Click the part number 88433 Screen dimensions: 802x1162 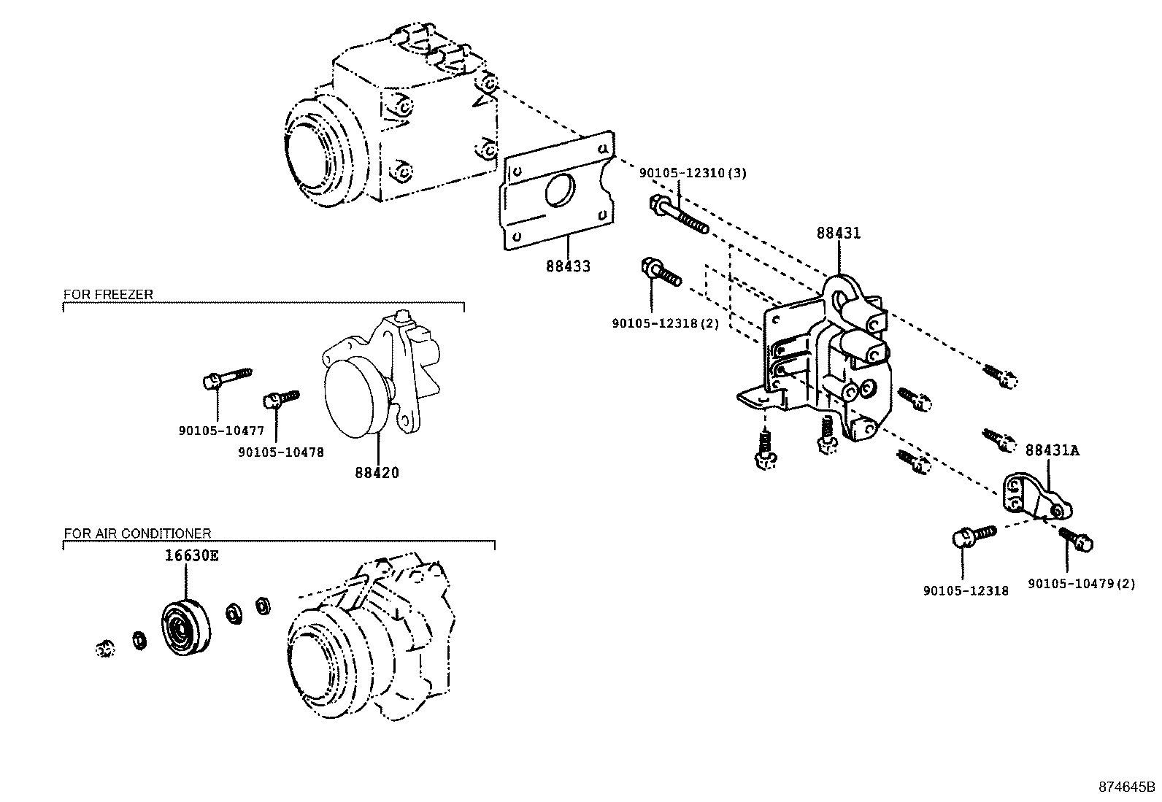click(x=568, y=266)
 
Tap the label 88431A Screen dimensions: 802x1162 click(x=1052, y=451)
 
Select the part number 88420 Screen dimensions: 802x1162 click(x=377, y=472)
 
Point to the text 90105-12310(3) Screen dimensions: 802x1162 click(x=693, y=173)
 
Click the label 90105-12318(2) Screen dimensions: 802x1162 click(x=665, y=323)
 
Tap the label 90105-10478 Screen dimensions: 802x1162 click(x=280, y=452)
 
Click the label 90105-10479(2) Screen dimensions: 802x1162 click(x=1081, y=584)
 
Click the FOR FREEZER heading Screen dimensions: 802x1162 click(x=108, y=294)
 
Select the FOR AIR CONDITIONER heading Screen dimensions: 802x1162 click(x=137, y=533)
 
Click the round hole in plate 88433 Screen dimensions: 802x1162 click(x=561, y=189)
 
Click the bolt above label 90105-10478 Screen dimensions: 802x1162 click(x=280, y=398)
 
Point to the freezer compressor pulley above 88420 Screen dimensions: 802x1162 click(x=356, y=400)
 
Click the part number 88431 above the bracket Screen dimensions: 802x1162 click(x=838, y=233)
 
